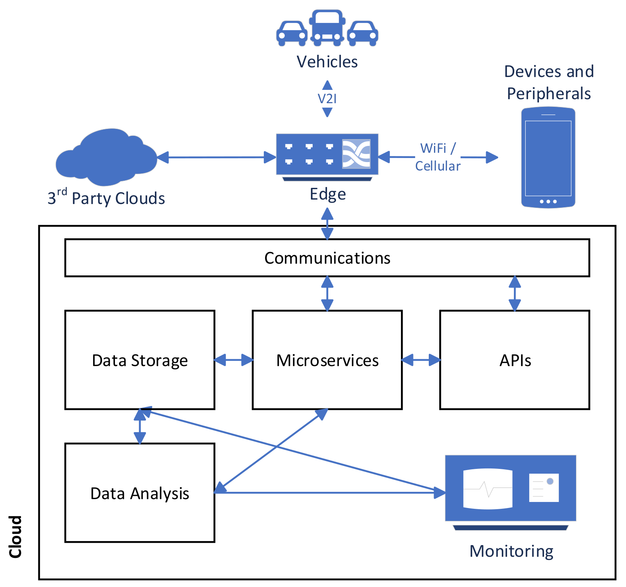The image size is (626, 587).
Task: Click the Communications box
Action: pyautogui.click(x=327, y=258)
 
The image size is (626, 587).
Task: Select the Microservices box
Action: pyautogui.click(x=327, y=360)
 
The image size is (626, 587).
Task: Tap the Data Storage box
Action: pyautogui.click(x=140, y=360)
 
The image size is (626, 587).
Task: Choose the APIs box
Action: pyautogui.click(x=515, y=360)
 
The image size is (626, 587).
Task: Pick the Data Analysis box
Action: pyautogui.click(x=140, y=493)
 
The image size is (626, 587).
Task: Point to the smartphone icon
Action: pyautogui.click(x=548, y=157)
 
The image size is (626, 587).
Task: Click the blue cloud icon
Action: pyautogui.click(x=106, y=157)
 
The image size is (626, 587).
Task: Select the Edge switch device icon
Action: pyautogui.click(x=327, y=155)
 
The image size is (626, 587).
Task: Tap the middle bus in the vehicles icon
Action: pyautogui.click(x=327, y=27)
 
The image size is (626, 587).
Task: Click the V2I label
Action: pyautogui.click(x=327, y=99)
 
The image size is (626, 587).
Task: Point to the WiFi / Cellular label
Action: pyautogui.click(x=438, y=157)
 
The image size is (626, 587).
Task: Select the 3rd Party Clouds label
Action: pyautogui.click(x=106, y=198)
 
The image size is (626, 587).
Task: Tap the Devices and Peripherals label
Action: pyautogui.click(x=549, y=82)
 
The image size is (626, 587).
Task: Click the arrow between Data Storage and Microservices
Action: pyautogui.click(x=234, y=360)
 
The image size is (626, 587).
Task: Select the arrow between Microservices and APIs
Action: pyautogui.click(x=421, y=360)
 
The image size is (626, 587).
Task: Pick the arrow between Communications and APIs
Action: pyautogui.click(x=515, y=293)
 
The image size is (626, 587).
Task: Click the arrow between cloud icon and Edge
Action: pyautogui.click(x=216, y=157)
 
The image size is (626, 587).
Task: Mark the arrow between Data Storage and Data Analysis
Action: pyautogui.click(x=140, y=427)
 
